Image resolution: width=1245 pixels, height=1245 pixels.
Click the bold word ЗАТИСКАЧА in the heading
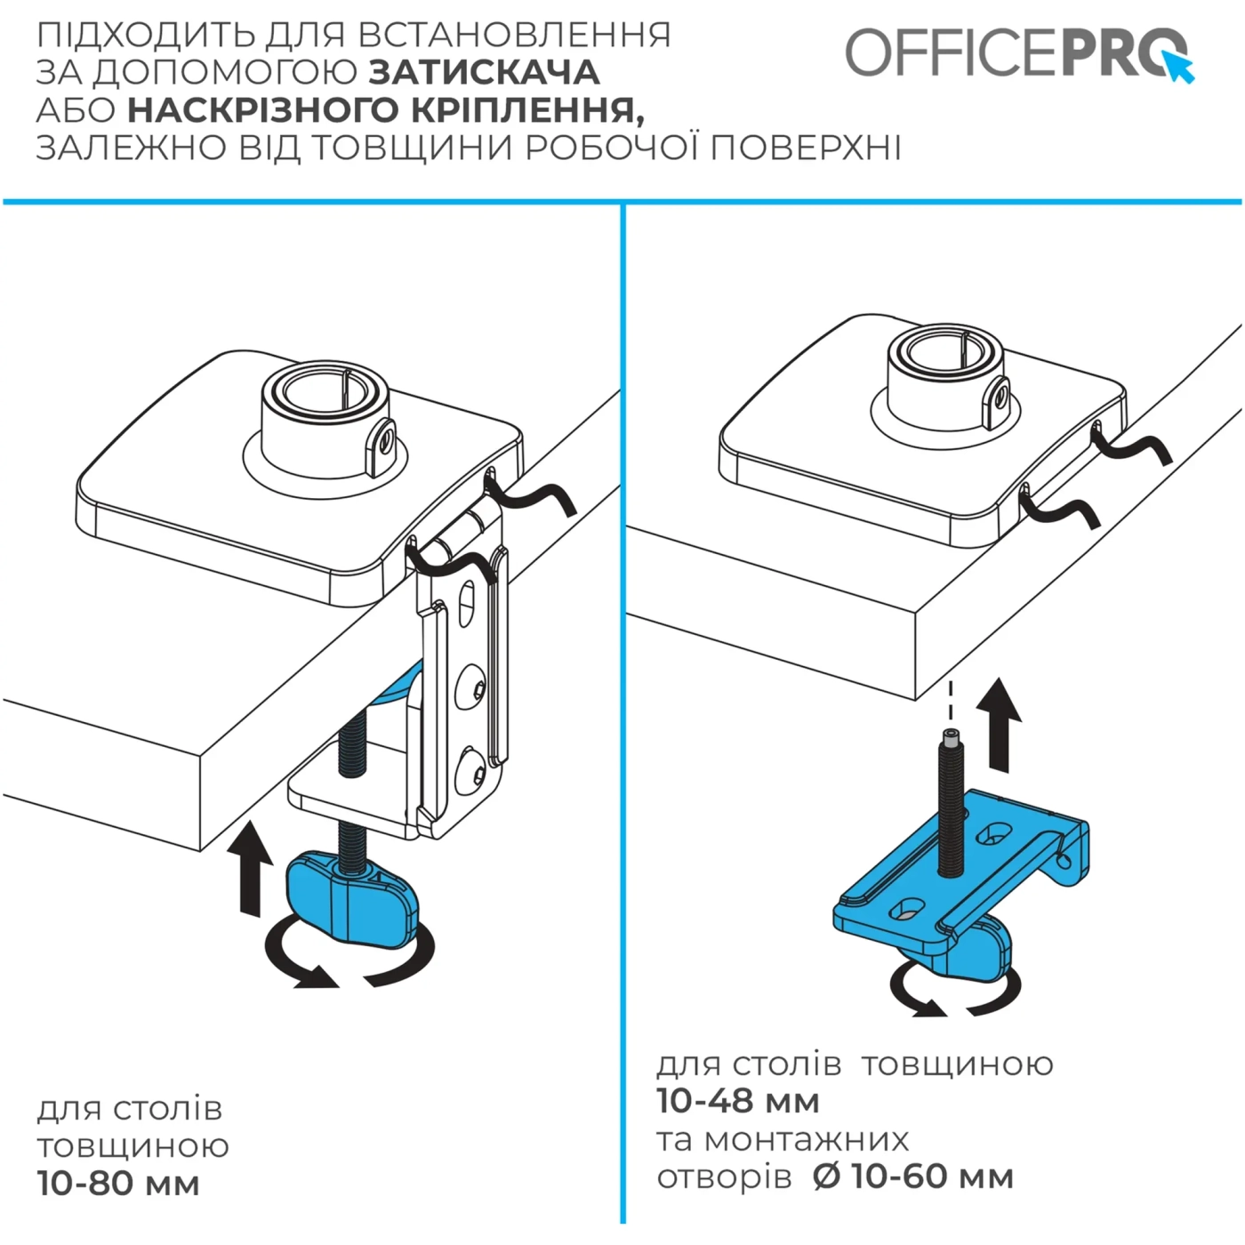tap(484, 72)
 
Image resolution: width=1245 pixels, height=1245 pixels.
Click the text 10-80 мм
tap(118, 1184)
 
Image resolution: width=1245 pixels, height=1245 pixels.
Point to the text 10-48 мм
tap(738, 1101)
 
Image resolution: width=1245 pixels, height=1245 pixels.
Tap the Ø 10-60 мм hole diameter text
tap(913, 1177)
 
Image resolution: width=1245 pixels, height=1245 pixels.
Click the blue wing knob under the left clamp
tap(352, 898)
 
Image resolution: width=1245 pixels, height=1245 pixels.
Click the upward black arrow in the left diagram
tap(250, 868)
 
